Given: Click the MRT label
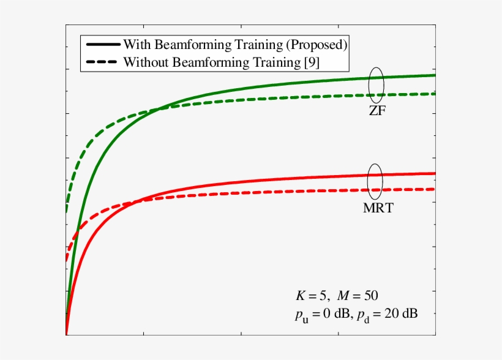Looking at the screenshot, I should [378, 208].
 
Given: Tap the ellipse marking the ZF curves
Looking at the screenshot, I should [376, 84].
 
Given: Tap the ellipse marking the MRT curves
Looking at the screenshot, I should [375, 180].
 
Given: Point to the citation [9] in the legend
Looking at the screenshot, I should [312, 62].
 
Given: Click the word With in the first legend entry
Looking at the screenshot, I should [137, 45].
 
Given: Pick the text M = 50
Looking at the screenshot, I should [361, 295].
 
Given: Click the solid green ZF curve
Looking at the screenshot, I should [245, 90].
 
